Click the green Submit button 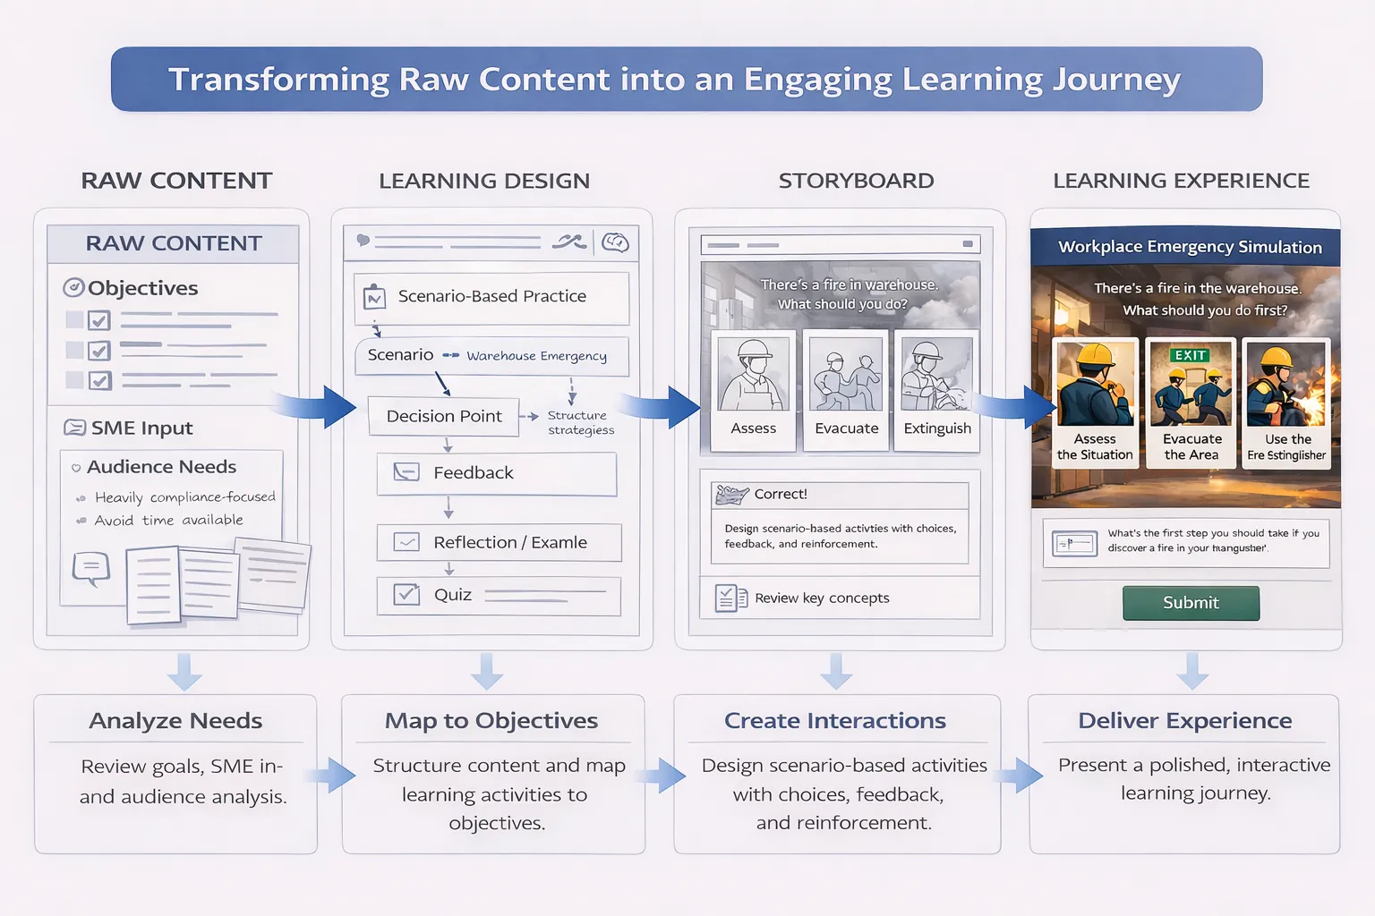click(x=1191, y=603)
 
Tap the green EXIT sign click(x=1190, y=355)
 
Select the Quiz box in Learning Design click(x=498, y=596)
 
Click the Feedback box click(x=496, y=473)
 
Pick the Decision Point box click(x=443, y=417)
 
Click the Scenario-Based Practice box click(x=491, y=297)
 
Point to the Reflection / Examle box click(x=498, y=543)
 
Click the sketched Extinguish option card click(x=936, y=390)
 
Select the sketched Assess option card click(x=753, y=390)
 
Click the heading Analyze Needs click(x=175, y=721)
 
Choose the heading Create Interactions click(x=834, y=721)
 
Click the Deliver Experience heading click(x=1184, y=721)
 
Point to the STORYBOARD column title click(x=856, y=181)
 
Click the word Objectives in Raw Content click(x=142, y=288)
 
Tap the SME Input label click(x=141, y=428)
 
